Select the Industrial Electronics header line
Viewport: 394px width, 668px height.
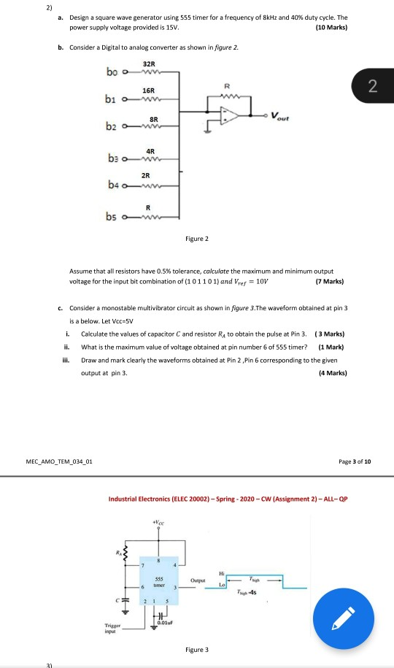pos(228,499)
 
